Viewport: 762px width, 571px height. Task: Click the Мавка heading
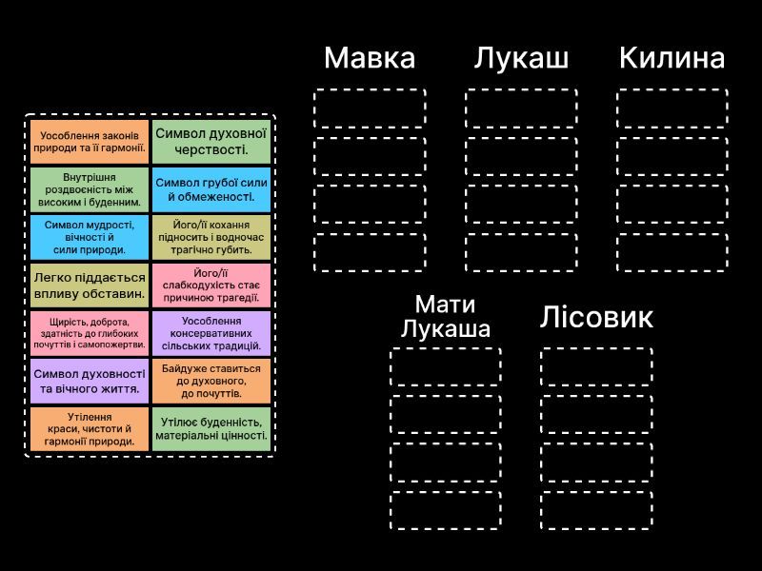[370, 58]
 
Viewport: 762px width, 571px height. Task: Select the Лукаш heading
[521, 58]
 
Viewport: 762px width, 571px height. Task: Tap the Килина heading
[672, 58]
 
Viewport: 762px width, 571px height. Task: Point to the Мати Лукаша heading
[445, 316]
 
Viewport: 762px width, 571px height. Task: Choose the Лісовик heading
[596, 317]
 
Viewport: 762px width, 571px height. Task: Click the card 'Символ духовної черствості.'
[211, 142]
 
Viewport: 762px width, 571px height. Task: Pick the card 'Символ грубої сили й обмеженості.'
[211, 189]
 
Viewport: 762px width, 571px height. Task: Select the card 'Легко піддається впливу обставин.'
[90, 285]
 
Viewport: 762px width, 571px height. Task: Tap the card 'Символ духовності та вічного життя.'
[90, 382]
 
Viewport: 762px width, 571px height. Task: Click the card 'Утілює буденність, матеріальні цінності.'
[211, 429]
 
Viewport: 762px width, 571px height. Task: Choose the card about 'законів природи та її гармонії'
[90, 142]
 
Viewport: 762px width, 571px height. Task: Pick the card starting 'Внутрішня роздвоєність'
[90, 189]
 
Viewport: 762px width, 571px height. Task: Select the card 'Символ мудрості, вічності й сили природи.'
[90, 237]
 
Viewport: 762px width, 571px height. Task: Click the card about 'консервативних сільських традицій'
[211, 334]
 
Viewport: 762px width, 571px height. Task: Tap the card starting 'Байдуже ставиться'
[211, 382]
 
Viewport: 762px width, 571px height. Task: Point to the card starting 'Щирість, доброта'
[90, 334]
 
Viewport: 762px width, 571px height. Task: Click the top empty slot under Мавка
[370, 108]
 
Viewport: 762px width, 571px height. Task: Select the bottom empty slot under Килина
[672, 252]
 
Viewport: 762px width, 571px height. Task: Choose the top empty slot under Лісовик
[596, 367]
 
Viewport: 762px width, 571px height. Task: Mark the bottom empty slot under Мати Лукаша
[446, 510]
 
